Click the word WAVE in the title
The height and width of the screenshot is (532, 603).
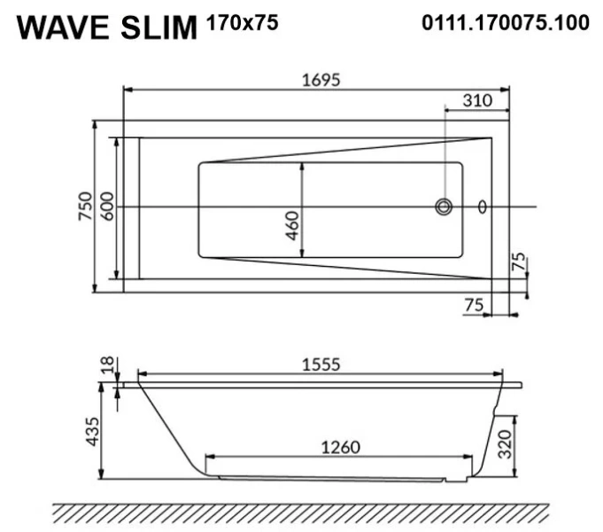point(63,27)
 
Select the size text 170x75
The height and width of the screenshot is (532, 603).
point(242,23)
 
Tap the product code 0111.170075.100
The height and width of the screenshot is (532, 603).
point(505,23)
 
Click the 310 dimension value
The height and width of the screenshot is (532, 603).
point(477,101)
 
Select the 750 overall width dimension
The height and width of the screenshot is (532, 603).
point(85,207)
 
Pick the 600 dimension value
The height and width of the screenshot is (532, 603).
point(107,207)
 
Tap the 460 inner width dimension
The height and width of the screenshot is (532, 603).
point(292,230)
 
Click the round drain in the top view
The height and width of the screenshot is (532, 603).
point(444,207)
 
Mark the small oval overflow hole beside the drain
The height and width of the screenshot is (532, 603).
point(483,207)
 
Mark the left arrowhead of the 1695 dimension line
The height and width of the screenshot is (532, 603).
point(126,90)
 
